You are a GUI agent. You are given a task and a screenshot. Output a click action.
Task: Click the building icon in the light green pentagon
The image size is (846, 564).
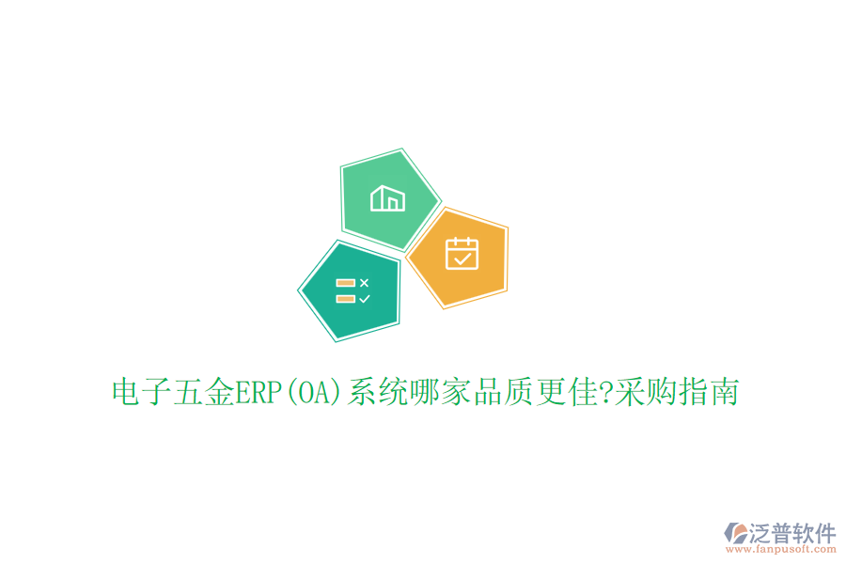(x=388, y=199)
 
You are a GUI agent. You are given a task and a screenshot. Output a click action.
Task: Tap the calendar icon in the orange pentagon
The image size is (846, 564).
(x=462, y=254)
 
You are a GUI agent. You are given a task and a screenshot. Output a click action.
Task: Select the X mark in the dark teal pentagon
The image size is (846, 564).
(x=365, y=282)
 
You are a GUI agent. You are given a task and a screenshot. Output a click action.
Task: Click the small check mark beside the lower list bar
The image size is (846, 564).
(x=365, y=298)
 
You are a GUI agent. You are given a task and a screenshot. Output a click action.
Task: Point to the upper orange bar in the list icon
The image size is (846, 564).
(x=345, y=282)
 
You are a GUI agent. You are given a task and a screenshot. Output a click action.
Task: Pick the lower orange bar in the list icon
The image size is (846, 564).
(x=345, y=298)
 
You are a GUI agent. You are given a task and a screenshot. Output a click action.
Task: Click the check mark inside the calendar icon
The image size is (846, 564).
(x=462, y=258)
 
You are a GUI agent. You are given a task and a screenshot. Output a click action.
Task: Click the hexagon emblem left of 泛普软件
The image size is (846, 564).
(x=734, y=535)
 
